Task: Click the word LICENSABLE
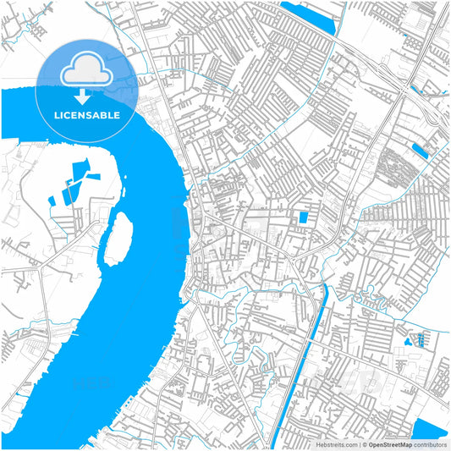[x=87, y=114]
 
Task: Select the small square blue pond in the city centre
[x=303, y=217]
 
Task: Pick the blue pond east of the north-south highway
[x=419, y=151]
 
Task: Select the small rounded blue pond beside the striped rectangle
[x=410, y=341]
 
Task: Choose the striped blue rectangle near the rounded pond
[x=421, y=341]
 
